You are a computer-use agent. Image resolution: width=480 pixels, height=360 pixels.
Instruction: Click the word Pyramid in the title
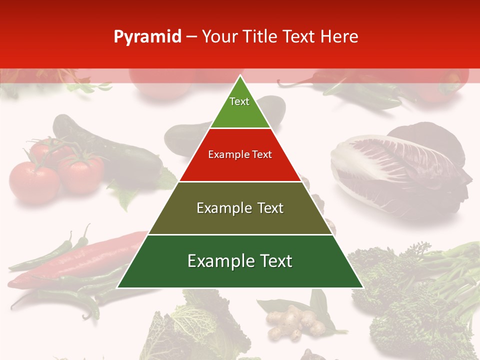tap(147, 37)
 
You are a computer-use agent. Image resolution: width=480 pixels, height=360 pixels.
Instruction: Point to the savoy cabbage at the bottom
tap(200, 325)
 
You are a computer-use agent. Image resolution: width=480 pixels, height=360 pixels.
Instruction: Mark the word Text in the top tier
tap(239, 101)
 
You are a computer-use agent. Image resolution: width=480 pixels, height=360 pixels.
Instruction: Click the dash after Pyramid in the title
tap(191, 37)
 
